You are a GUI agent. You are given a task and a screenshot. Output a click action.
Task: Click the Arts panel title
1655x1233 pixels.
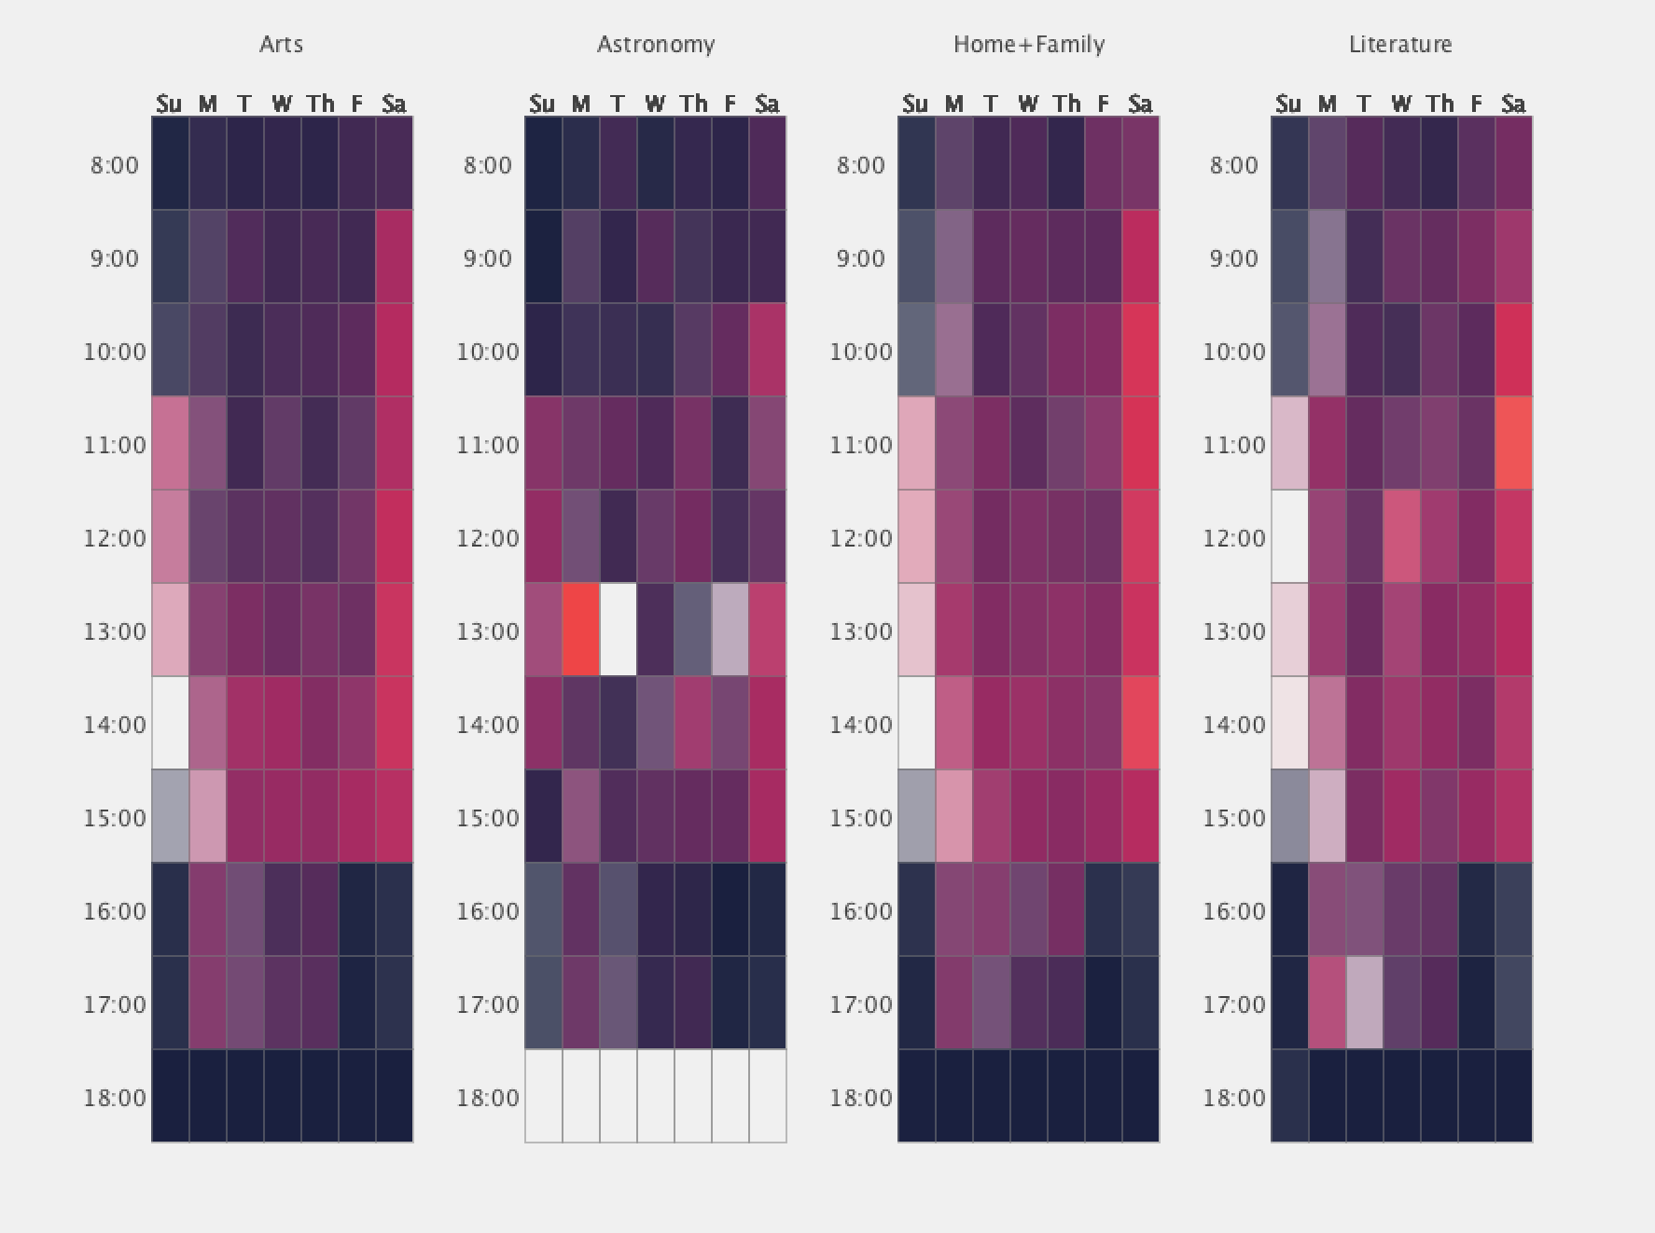[x=281, y=45]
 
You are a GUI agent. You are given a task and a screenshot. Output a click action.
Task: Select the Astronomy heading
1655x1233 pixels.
[x=656, y=45]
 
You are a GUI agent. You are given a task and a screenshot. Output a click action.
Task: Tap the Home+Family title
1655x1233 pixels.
[x=1029, y=45]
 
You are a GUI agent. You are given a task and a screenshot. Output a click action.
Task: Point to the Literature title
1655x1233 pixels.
[x=1400, y=45]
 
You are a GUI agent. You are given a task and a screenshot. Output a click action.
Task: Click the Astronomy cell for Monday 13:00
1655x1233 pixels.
[x=581, y=630]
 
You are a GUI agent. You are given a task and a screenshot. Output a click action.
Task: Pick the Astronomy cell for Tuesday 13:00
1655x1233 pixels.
[x=619, y=630]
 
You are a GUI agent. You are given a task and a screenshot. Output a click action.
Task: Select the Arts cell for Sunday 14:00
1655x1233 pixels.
[x=171, y=723]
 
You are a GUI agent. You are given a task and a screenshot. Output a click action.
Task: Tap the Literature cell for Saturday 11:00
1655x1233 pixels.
[x=1513, y=443]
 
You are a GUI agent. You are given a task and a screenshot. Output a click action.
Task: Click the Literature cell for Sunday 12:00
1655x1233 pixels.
[x=1289, y=536]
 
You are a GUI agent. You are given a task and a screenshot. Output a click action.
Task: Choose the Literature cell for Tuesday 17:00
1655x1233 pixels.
[x=1364, y=1003]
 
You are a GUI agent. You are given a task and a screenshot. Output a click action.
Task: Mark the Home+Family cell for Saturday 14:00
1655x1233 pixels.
[x=1140, y=723]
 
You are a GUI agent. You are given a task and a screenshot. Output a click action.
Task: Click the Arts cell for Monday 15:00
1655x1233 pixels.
[x=208, y=816]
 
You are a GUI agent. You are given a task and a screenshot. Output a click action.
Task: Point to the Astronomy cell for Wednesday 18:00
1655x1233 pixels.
[x=656, y=1096]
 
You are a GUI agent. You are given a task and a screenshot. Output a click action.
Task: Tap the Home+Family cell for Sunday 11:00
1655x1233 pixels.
[x=916, y=443]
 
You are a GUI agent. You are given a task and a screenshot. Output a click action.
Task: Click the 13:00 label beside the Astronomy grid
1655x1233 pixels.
[x=488, y=631]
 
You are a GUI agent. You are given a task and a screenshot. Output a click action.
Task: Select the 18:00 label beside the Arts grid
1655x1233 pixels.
[x=115, y=1098]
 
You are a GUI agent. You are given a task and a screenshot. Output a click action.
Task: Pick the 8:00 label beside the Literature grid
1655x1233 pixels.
[x=1234, y=165]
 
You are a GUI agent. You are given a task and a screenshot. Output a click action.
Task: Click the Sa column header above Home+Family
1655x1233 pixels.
[x=1140, y=104]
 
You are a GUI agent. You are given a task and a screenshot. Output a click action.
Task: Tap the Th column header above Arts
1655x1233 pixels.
[x=320, y=104]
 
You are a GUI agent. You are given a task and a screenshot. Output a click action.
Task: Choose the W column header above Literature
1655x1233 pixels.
[x=1401, y=104]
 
